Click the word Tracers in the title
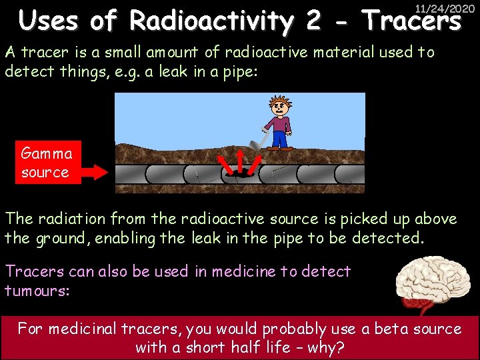pyautogui.click(x=411, y=23)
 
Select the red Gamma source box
pyautogui.click(x=45, y=162)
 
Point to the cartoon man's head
pyautogui.click(x=279, y=105)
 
